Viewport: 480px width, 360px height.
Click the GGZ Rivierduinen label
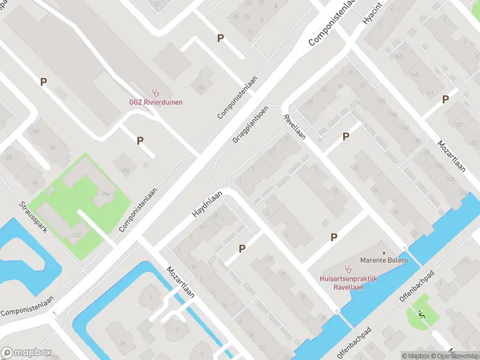coord(156,102)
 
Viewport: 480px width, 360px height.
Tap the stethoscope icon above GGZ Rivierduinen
coord(156,92)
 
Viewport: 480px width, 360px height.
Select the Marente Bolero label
coord(383,260)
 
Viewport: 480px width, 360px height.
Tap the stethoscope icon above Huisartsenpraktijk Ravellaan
coord(347,268)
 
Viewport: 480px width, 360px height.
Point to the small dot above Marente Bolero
coord(383,253)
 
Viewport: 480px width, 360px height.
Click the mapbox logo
coord(25,352)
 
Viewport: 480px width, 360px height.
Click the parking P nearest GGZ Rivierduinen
coord(140,140)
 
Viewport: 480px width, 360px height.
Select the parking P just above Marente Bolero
coord(334,238)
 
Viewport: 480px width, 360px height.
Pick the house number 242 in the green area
coord(76,234)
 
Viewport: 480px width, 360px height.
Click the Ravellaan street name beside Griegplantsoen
coord(295,127)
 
